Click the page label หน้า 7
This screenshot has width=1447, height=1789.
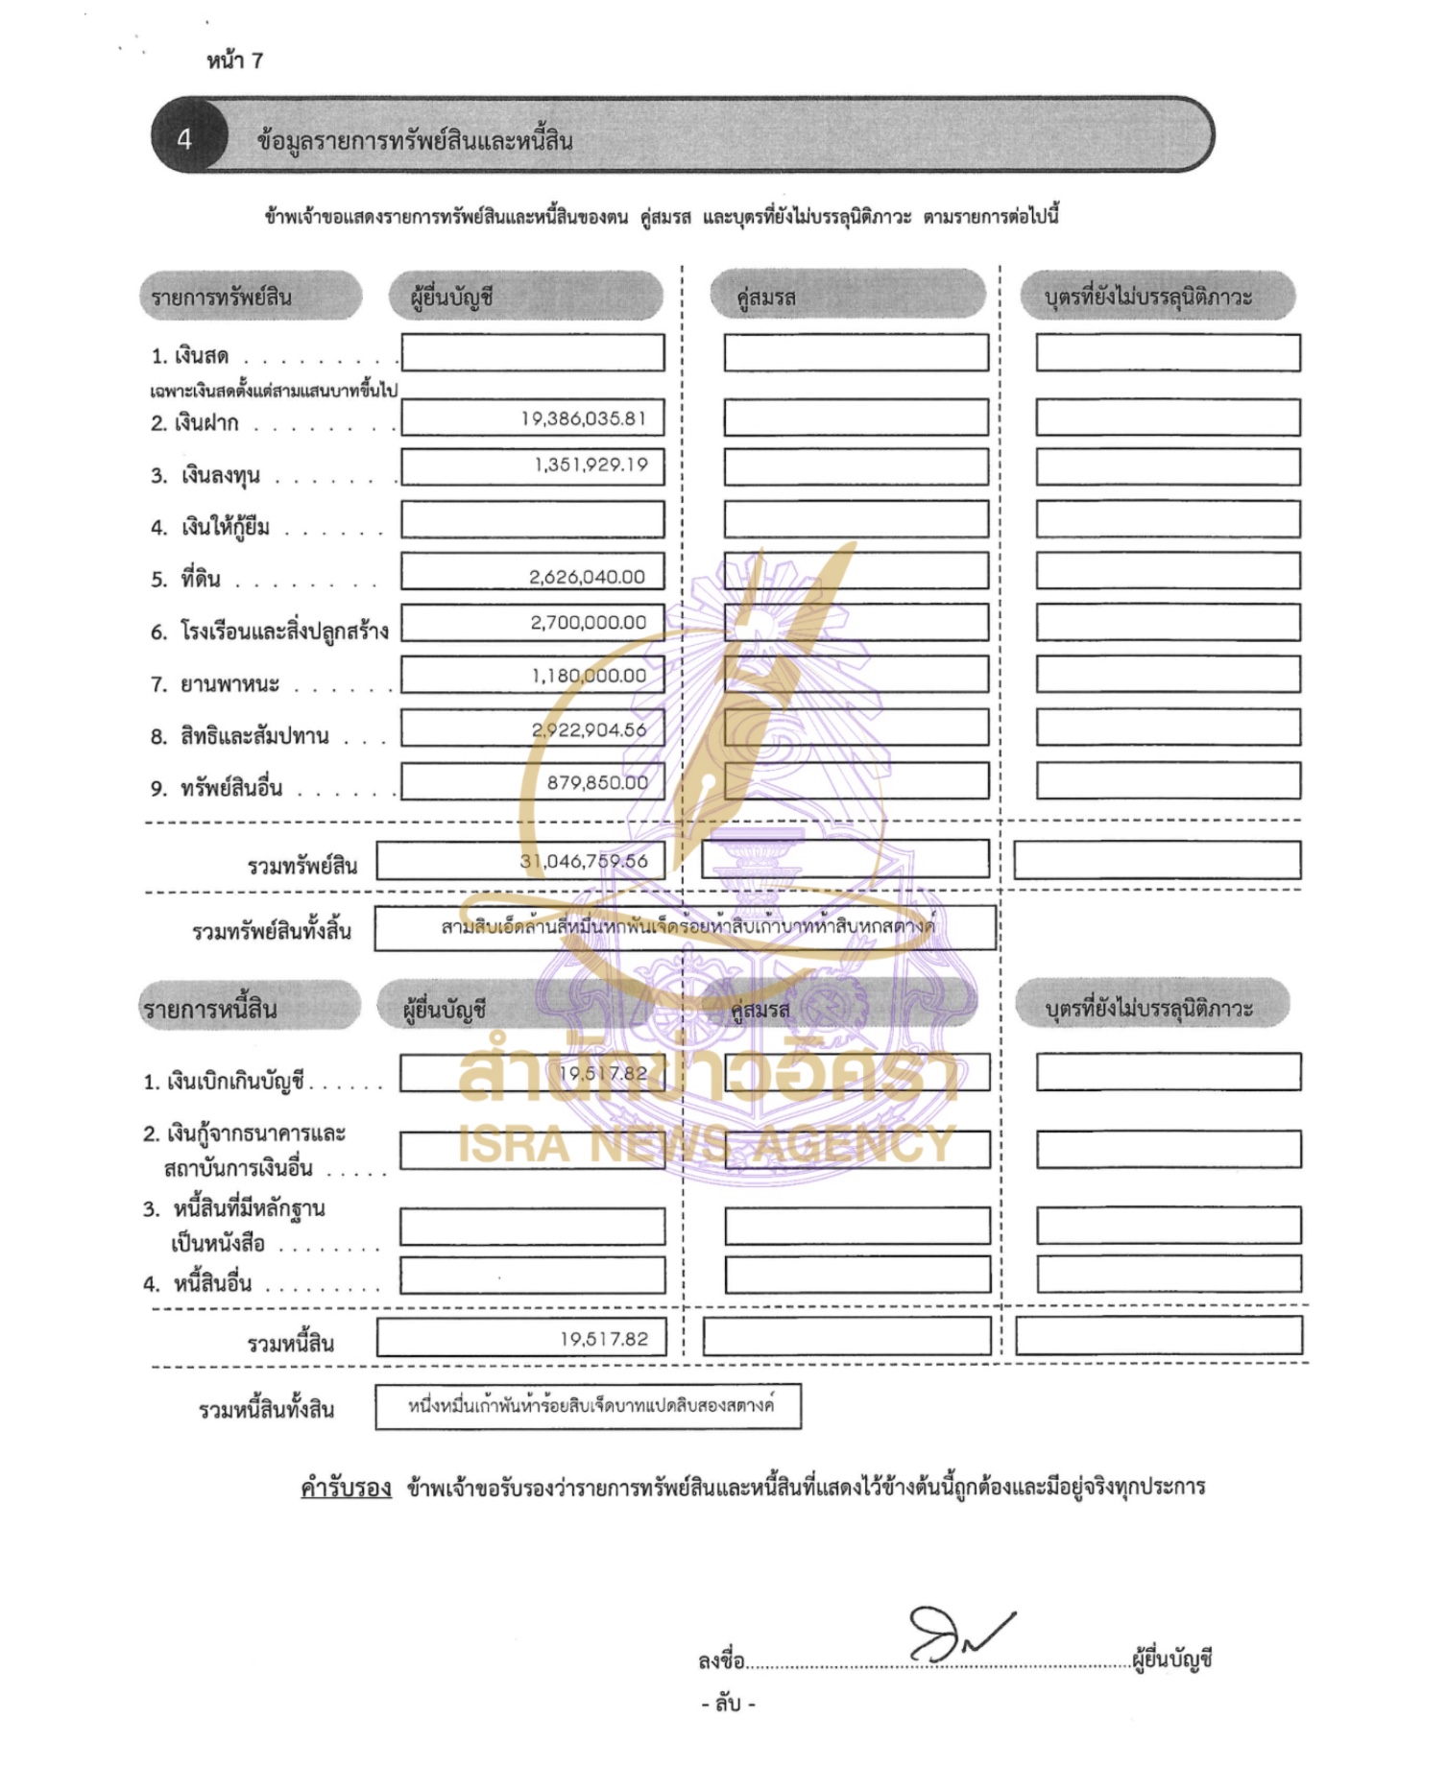click(x=234, y=60)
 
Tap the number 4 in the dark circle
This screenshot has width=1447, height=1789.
click(x=184, y=140)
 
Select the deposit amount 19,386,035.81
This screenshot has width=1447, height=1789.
click(x=584, y=418)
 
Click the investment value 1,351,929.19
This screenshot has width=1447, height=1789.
click(x=591, y=465)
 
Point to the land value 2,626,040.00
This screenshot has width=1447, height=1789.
click(x=587, y=577)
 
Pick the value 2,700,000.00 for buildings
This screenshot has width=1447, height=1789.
click(x=588, y=623)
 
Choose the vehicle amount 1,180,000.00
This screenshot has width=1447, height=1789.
click(x=589, y=676)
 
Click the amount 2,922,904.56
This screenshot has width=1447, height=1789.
click(x=589, y=730)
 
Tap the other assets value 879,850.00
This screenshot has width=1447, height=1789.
click(x=597, y=783)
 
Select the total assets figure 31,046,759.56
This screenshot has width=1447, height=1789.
click(x=584, y=861)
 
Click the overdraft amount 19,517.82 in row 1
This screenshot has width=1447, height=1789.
click(x=603, y=1073)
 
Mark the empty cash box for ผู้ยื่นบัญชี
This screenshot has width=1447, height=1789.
click(x=532, y=352)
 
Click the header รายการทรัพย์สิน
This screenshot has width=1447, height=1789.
click(x=222, y=297)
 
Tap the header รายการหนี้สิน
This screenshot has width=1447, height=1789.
click(x=210, y=1009)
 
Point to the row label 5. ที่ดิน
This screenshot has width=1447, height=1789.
click(x=186, y=579)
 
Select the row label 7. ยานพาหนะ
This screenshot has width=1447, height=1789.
click(x=215, y=684)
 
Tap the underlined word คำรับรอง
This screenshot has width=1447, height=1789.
click(x=346, y=1488)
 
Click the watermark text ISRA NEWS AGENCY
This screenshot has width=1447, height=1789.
click(x=707, y=1143)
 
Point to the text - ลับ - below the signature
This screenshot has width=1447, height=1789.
click(x=728, y=1705)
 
